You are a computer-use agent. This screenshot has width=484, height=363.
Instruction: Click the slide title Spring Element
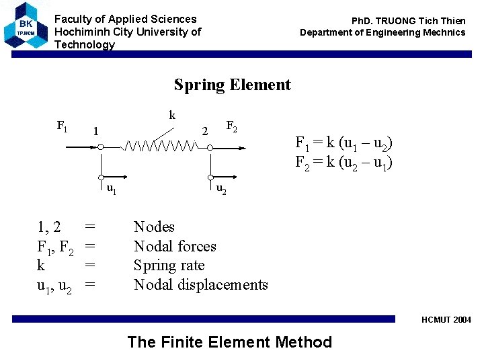pos(232,85)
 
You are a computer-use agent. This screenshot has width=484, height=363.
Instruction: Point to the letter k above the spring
pos(172,116)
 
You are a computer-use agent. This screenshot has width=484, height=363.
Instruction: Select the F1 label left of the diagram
pos(62,125)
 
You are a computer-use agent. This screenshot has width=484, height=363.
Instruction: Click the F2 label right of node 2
pos(231,125)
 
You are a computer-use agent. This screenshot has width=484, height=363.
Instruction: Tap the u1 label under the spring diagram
pos(112,189)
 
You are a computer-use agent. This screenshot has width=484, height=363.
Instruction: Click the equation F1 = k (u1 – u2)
pos(344,143)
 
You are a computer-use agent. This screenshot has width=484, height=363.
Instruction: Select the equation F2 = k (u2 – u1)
pos(344,163)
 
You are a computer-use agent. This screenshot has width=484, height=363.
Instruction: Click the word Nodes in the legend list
pos(154,227)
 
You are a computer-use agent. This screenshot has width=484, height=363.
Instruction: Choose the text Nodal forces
pos(175,246)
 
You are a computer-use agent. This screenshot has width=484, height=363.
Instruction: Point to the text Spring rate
pos(169,265)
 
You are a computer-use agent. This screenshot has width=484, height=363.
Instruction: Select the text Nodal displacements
pos(200,284)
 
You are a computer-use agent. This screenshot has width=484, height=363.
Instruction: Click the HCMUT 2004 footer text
pos(446,320)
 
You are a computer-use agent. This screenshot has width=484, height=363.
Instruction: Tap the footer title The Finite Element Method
pos(229,342)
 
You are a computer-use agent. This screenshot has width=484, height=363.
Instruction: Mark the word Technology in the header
pos(85,44)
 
